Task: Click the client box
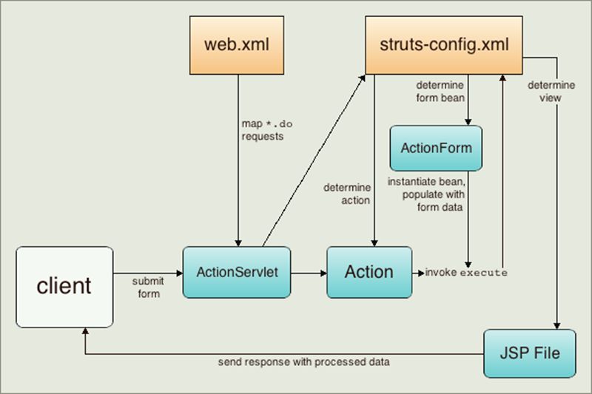64,287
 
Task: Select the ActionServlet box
237,272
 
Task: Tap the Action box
369,272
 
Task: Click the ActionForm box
436,148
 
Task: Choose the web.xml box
239,45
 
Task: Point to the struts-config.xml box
443,45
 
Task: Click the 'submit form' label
147,288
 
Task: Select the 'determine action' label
346,194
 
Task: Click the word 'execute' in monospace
484,273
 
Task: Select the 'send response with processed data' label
304,363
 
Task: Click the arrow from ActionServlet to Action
309,273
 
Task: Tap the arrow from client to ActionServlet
147,273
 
